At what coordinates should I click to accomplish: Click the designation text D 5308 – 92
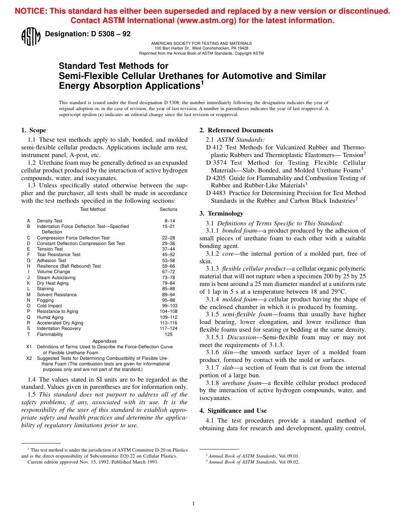[x=88, y=34]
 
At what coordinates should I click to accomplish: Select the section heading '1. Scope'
[x=34, y=130]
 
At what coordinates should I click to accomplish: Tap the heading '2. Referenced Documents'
[x=236, y=130]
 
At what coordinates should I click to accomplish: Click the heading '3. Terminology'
[x=221, y=213]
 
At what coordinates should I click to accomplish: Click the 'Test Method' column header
[x=93, y=209]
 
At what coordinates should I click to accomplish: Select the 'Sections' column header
[x=168, y=209]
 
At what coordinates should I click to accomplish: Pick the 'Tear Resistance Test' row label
[x=58, y=255]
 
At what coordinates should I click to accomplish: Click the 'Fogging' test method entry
[x=45, y=300]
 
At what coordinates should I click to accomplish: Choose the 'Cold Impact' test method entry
[x=49, y=306]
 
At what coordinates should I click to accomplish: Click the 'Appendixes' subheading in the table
[x=104, y=341]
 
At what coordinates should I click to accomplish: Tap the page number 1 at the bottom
[x=193, y=504]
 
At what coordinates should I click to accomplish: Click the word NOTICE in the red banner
[x=30, y=12]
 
